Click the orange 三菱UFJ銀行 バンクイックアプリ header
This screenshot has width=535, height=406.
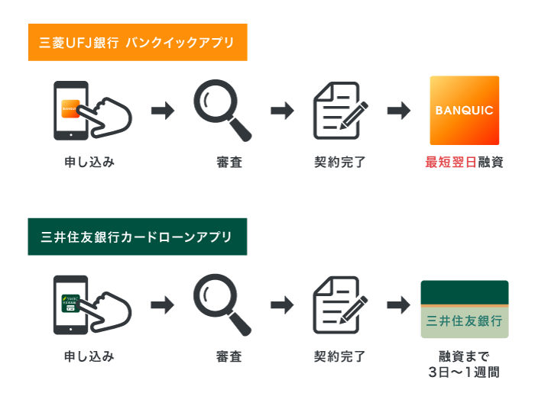[138, 43]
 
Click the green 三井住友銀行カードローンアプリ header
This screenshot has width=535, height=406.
[138, 237]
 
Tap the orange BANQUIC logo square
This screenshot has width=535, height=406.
[465, 111]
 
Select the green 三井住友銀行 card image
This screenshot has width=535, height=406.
[465, 309]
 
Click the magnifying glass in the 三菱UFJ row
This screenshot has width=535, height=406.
[221, 110]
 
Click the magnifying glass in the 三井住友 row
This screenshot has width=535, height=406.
[221, 304]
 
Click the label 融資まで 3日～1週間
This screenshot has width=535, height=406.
[464, 364]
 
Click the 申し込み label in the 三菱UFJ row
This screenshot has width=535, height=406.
[89, 162]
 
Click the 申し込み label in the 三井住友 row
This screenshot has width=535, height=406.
[89, 356]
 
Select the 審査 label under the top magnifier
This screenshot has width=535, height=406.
[229, 162]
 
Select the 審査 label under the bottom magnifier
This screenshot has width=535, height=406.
[229, 356]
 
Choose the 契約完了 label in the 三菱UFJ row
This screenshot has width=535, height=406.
[340, 162]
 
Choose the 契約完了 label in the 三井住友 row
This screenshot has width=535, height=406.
[340, 356]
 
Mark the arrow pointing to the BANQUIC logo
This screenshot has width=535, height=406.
[399, 111]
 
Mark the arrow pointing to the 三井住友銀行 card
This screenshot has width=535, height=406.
[399, 305]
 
